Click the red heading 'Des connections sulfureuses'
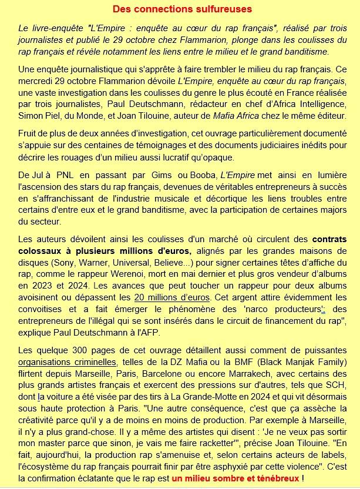(x=182, y=9)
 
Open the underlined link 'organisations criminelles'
(x=67, y=362)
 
